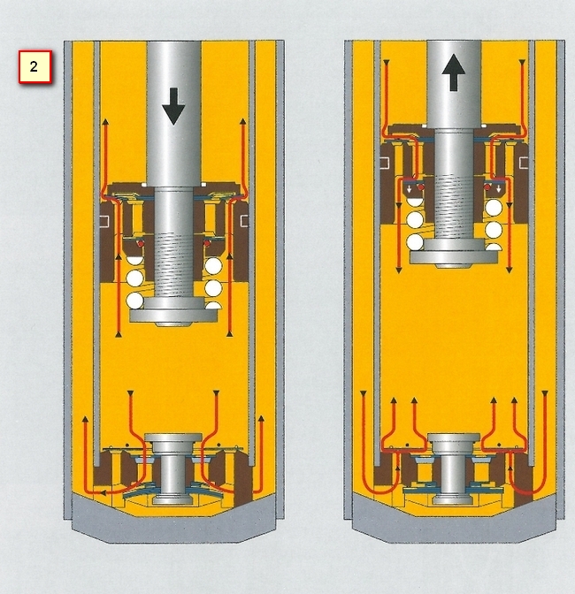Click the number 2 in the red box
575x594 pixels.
pos(34,66)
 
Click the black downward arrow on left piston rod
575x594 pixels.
pos(173,106)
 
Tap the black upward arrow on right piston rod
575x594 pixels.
pos(454,72)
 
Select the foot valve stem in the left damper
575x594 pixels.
pos(173,468)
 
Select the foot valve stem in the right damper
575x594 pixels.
pos(454,468)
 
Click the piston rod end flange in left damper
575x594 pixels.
pos(174,312)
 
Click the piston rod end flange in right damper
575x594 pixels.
pos(454,254)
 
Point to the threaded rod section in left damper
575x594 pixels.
pos(173,264)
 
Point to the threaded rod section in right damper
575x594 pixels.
pos(454,207)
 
